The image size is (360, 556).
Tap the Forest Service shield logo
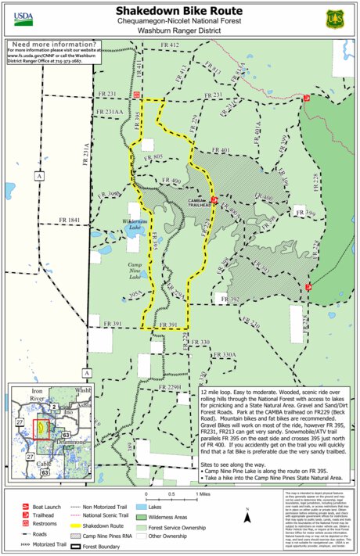coord(335,16)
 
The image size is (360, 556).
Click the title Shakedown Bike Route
coord(180,11)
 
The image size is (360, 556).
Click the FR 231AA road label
coord(110,112)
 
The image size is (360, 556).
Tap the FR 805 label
coord(153,157)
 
